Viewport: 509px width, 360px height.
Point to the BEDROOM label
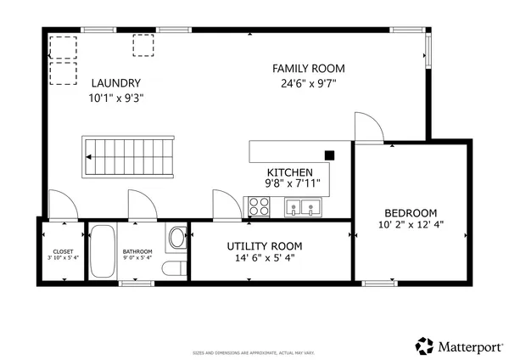coord(410,212)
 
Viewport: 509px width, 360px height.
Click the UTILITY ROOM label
coord(264,246)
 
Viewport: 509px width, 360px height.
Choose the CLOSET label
coord(63,251)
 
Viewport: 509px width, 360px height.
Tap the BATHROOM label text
coord(137,251)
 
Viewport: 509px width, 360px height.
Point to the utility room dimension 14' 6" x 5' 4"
coord(264,260)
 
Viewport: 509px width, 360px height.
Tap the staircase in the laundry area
coord(128,157)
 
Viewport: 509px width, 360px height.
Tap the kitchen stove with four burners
coord(258,206)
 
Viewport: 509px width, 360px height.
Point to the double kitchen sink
coord(303,206)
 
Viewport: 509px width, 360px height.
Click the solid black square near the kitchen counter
coord(329,155)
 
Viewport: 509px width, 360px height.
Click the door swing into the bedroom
coord(367,127)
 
